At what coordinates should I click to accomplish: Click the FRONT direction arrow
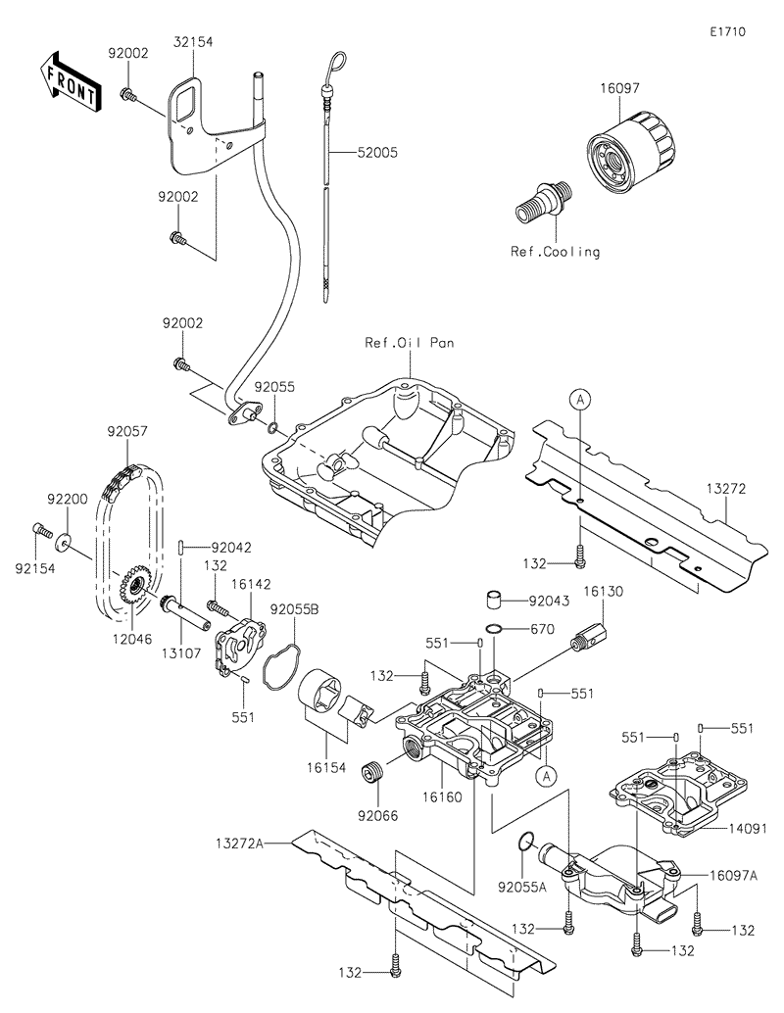(x=69, y=80)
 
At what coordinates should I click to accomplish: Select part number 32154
(x=194, y=42)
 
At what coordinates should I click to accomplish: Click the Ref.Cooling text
(x=555, y=252)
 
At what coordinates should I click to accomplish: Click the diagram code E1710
(x=729, y=31)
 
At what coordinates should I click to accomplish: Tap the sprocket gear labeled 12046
(x=130, y=588)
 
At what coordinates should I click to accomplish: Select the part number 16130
(x=604, y=593)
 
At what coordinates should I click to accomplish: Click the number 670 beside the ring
(x=542, y=628)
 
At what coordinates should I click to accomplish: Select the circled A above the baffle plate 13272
(x=580, y=399)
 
